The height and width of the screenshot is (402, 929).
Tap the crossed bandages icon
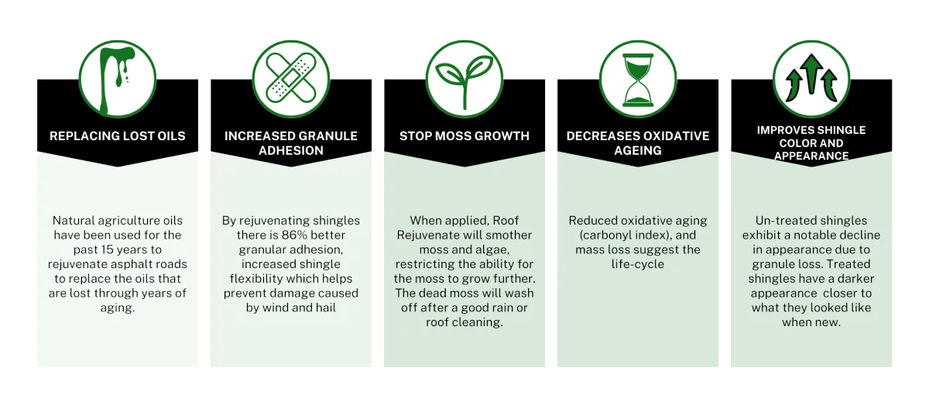pos(291,77)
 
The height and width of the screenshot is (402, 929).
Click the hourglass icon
pos(638,80)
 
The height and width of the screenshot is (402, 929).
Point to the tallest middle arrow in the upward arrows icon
pos(811,74)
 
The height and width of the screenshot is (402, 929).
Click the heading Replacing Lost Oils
pos(118,136)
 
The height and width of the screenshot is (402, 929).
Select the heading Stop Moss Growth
pos(464,136)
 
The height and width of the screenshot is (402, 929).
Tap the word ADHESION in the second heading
pos(291,150)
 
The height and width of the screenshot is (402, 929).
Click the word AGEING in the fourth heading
pos(638,150)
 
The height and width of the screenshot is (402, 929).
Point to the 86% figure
pos(294,235)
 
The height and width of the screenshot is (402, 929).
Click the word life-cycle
pos(638,264)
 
